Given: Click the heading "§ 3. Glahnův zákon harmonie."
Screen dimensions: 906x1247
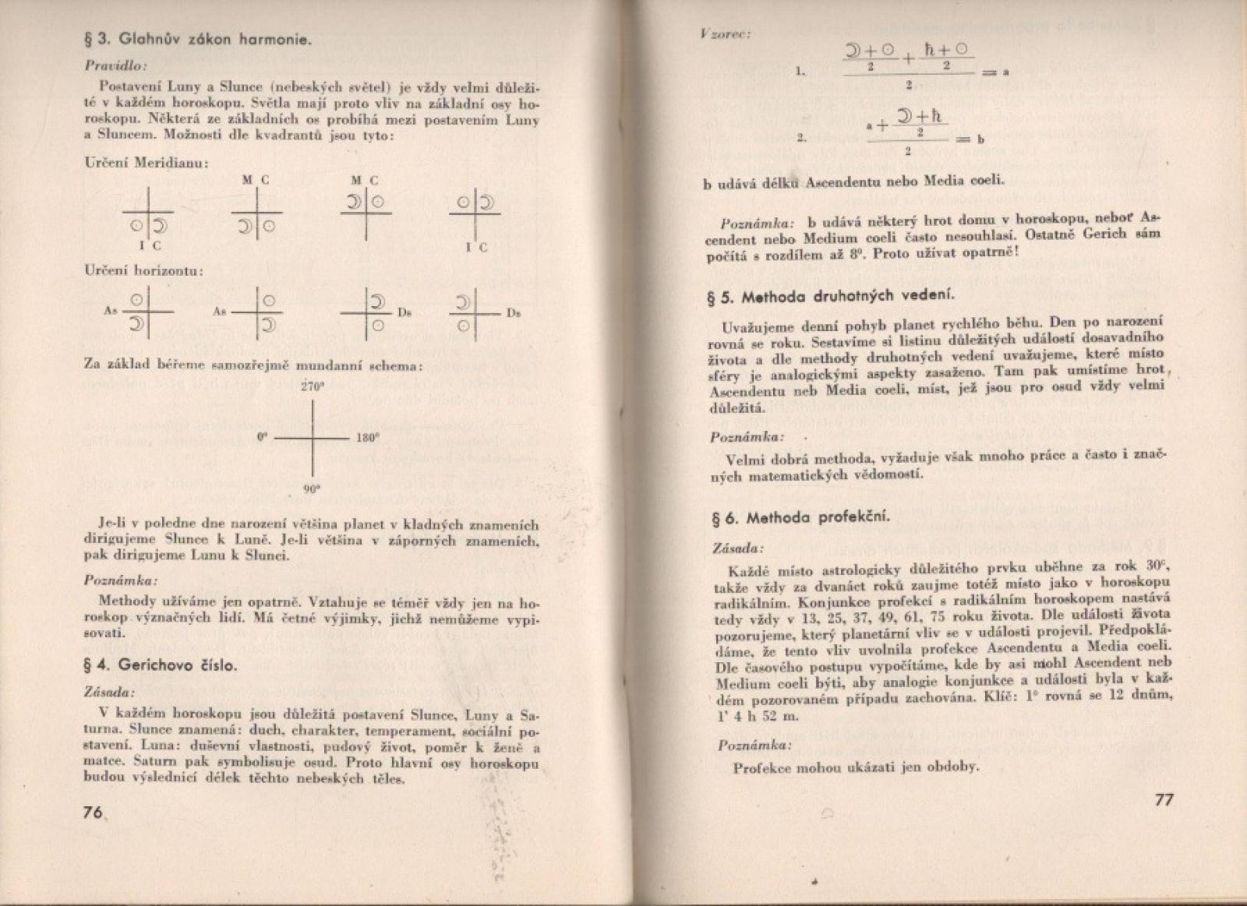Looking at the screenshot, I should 198,39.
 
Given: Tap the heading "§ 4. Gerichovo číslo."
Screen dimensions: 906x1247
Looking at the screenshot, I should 161,665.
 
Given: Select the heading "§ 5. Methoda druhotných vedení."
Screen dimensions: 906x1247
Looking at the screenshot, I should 832,296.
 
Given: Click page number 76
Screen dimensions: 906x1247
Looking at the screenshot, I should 93,812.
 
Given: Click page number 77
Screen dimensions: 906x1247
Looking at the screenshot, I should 1162,801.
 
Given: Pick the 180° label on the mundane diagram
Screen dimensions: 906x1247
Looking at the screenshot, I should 367,438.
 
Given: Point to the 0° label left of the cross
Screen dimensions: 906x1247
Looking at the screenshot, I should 263,438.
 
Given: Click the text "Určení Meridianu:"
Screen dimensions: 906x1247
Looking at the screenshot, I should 146,164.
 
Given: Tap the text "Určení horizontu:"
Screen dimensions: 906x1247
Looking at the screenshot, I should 144,271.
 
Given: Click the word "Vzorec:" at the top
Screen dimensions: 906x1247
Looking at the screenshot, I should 725,34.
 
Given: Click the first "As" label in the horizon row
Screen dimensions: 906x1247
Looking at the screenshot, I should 110,310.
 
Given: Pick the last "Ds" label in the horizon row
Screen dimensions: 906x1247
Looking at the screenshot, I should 514,313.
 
